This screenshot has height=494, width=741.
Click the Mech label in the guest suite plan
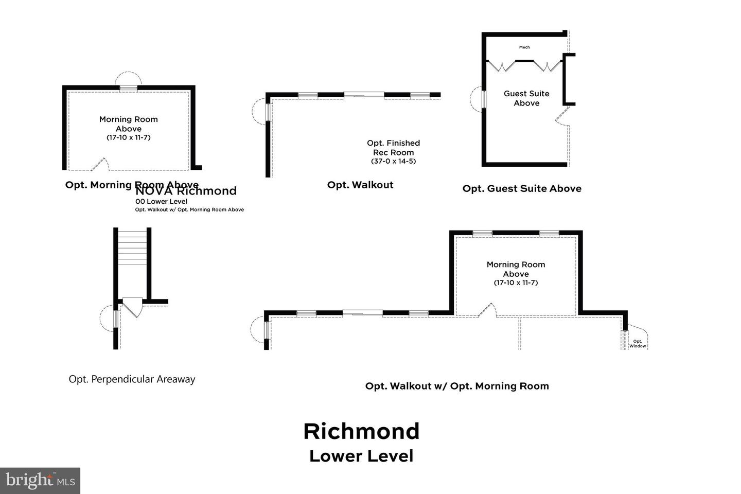(524, 47)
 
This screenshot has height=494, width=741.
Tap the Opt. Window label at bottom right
(637, 344)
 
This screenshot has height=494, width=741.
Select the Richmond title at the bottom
(361, 431)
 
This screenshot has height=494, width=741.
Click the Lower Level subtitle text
(361, 456)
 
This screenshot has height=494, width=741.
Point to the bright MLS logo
(40, 481)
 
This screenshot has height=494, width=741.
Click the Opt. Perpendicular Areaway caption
(132, 379)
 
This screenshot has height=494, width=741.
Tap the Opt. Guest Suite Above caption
(522, 188)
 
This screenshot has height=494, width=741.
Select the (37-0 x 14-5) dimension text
(393, 161)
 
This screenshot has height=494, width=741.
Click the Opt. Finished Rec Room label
(393, 148)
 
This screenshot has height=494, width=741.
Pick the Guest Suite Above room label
(526, 98)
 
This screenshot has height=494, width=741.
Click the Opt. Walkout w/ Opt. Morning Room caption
(457, 386)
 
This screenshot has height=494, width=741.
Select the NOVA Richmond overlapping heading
(186, 191)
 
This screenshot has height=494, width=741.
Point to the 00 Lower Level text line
(161, 202)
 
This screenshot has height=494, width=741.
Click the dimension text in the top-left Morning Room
(128, 137)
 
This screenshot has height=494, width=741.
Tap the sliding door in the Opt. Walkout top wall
(364, 95)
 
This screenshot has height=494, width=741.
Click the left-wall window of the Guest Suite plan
(483, 100)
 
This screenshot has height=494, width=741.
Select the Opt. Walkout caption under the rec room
(360, 185)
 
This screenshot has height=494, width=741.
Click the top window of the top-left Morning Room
(128, 88)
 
